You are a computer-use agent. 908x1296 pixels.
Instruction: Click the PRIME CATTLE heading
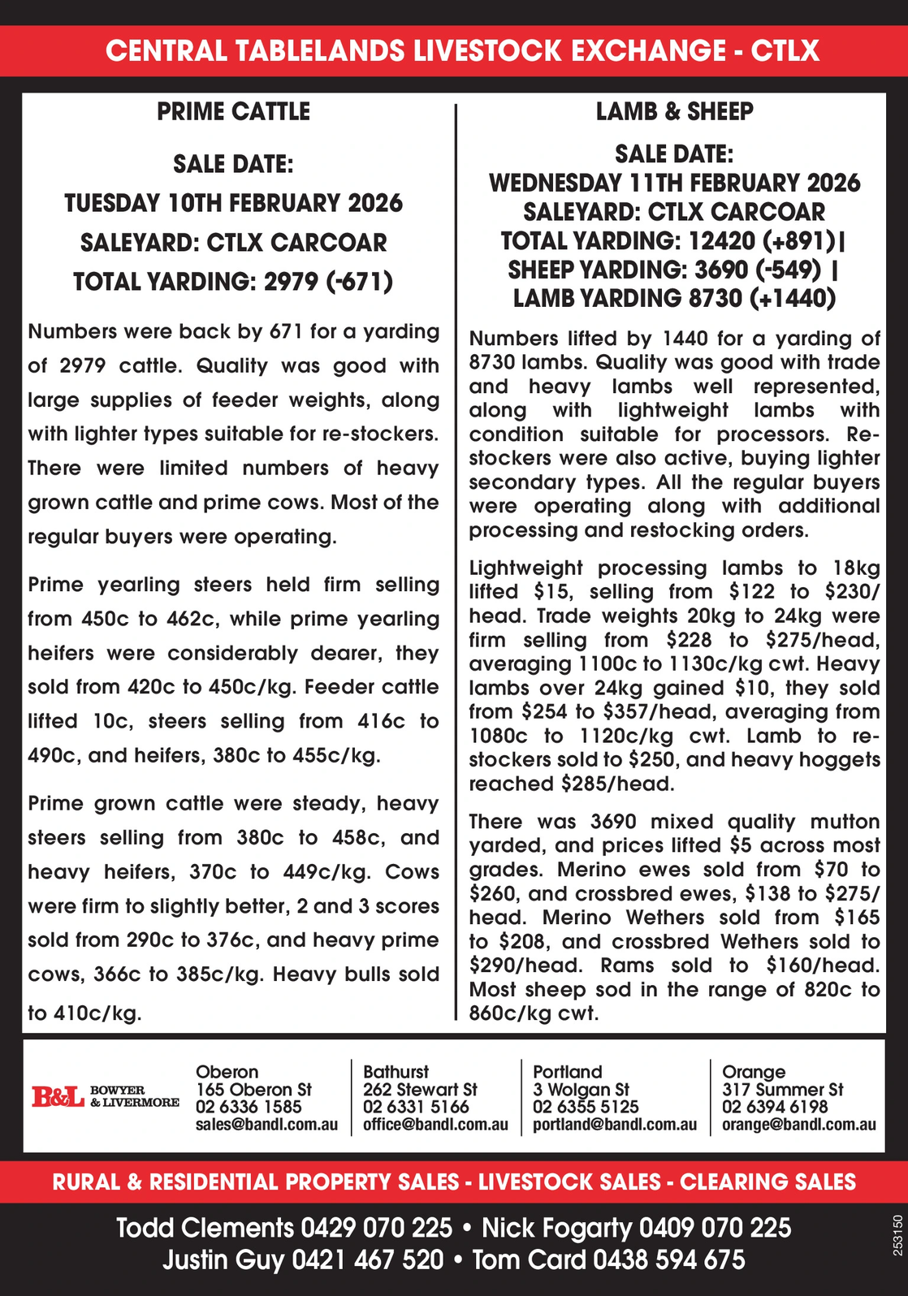point(233,111)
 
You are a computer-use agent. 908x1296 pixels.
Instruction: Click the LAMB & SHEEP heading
point(674,111)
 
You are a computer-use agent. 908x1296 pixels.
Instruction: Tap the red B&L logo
point(58,1096)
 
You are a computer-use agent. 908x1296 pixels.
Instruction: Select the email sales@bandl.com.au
point(266,1125)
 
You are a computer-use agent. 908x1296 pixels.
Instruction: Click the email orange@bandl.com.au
point(798,1125)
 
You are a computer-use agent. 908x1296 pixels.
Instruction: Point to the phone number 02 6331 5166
point(416,1107)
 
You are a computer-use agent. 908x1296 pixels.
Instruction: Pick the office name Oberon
point(227,1072)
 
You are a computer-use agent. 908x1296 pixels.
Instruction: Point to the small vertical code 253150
point(897,1235)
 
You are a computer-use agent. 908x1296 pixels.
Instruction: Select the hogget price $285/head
point(617,784)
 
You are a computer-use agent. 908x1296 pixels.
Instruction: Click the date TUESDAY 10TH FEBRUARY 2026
point(233,203)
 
